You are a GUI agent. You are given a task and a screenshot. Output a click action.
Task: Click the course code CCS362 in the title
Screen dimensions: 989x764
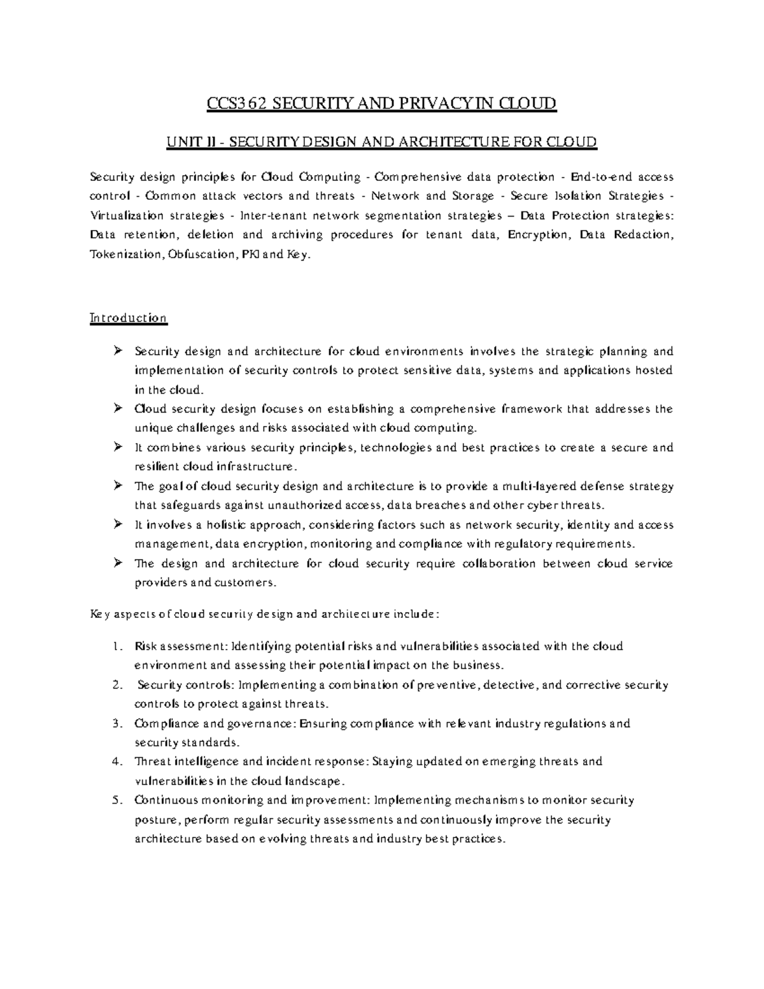pyautogui.click(x=235, y=103)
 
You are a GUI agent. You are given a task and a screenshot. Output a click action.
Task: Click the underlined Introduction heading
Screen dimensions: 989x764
pyautogui.click(x=129, y=318)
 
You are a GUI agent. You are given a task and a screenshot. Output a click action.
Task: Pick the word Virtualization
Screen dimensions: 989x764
pyautogui.click(x=125, y=215)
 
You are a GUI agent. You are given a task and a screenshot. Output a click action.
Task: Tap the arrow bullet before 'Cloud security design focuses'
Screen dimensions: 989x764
pyautogui.click(x=118, y=408)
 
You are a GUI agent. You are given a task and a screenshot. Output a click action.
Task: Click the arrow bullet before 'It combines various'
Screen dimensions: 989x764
pyautogui.click(x=118, y=447)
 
